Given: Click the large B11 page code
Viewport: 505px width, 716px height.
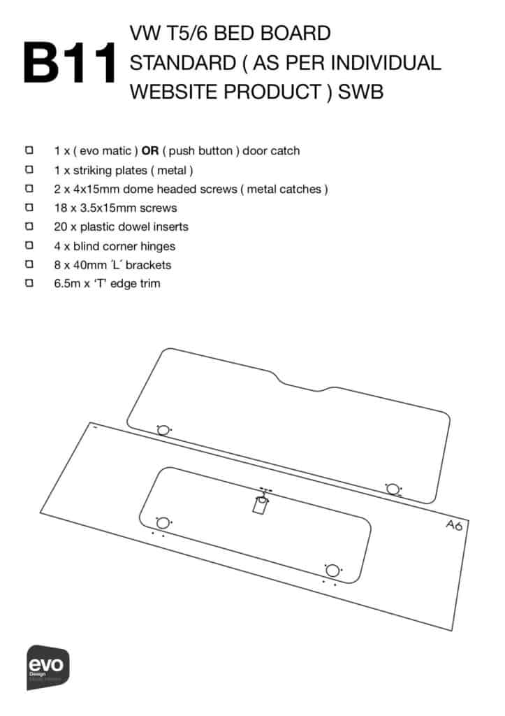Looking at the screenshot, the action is click(x=70, y=63).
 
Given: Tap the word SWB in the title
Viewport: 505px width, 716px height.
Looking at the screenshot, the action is click(x=360, y=92).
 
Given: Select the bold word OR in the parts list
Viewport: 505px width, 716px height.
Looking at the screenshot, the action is click(x=150, y=151).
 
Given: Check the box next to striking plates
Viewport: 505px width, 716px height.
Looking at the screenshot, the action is click(x=29, y=169).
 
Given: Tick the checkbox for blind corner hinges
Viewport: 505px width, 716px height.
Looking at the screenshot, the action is click(x=29, y=245).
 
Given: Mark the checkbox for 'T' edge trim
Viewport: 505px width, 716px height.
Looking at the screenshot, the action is click(x=29, y=283).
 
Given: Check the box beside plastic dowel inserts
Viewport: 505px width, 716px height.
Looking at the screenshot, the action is click(x=29, y=226).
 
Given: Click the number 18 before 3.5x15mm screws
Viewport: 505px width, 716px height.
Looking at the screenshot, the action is click(x=61, y=208).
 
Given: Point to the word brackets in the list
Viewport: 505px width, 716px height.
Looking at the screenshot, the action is click(x=149, y=265).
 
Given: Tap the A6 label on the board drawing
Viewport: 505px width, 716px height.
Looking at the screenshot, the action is click(x=455, y=525).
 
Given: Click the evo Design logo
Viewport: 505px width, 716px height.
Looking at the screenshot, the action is click(x=48, y=666).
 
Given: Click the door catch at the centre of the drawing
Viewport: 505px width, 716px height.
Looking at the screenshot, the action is click(x=261, y=502).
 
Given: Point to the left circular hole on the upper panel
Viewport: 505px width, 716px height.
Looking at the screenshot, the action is click(x=163, y=430).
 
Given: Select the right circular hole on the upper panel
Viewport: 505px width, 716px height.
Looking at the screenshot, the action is click(x=393, y=489).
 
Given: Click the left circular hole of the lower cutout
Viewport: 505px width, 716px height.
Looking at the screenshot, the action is click(x=163, y=523).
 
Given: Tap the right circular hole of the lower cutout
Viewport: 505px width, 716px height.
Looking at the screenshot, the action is click(x=332, y=571).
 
